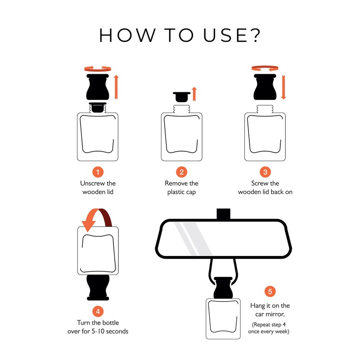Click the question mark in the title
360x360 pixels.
pyautogui.click(x=255, y=35)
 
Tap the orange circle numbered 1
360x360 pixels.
pyautogui.click(x=98, y=172)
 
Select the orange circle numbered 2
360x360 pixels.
pyautogui.click(x=182, y=172)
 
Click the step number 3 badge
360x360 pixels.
pyautogui.click(x=265, y=172)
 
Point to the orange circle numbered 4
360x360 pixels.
pyautogui.click(x=98, y=311)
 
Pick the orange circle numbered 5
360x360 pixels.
pyautogui.click(x=270, y=291)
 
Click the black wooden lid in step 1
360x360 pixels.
pyautogui.click(x=98, y=87)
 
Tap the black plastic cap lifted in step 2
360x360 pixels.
pyautogui.click(x=182, y=97)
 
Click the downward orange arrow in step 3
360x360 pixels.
pyautogui.click(x=283, y=87)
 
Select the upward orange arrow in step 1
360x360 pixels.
pyautogui.click(x=116, y=87)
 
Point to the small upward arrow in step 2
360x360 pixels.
pyautogui.click(x=194, y=94)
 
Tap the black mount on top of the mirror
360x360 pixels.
pyautogui.click(x=223, y=214)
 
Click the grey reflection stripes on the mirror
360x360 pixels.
pyautogui.click(x=193, y=239)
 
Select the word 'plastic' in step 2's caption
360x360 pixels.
pyautogui.click(x=176, y=192)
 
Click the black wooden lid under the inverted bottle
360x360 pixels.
pyautogui.click(x=98, y=288)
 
